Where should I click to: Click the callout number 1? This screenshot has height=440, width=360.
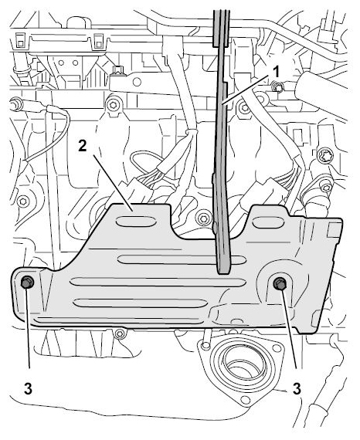(277, 73)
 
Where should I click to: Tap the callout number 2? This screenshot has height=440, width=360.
(83, 146)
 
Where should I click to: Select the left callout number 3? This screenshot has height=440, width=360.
(28, 389)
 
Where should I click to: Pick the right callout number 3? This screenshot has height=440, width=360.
(297, 389)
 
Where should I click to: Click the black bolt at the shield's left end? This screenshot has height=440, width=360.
(27, 282)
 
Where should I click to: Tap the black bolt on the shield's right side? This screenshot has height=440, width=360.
(280, 283)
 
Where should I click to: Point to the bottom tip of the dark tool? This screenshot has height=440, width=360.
(224, 272)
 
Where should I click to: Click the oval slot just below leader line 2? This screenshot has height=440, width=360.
(136, 222)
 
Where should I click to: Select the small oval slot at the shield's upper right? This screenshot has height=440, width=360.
(266, 222)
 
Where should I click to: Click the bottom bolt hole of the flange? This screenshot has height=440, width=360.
(246, 400)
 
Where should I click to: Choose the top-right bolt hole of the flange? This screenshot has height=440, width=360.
(277, 348)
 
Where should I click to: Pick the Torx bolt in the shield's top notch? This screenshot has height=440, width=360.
(202, 218)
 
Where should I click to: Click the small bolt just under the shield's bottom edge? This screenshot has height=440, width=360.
(120, 333)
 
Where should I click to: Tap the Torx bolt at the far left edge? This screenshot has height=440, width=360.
(23, 201)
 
